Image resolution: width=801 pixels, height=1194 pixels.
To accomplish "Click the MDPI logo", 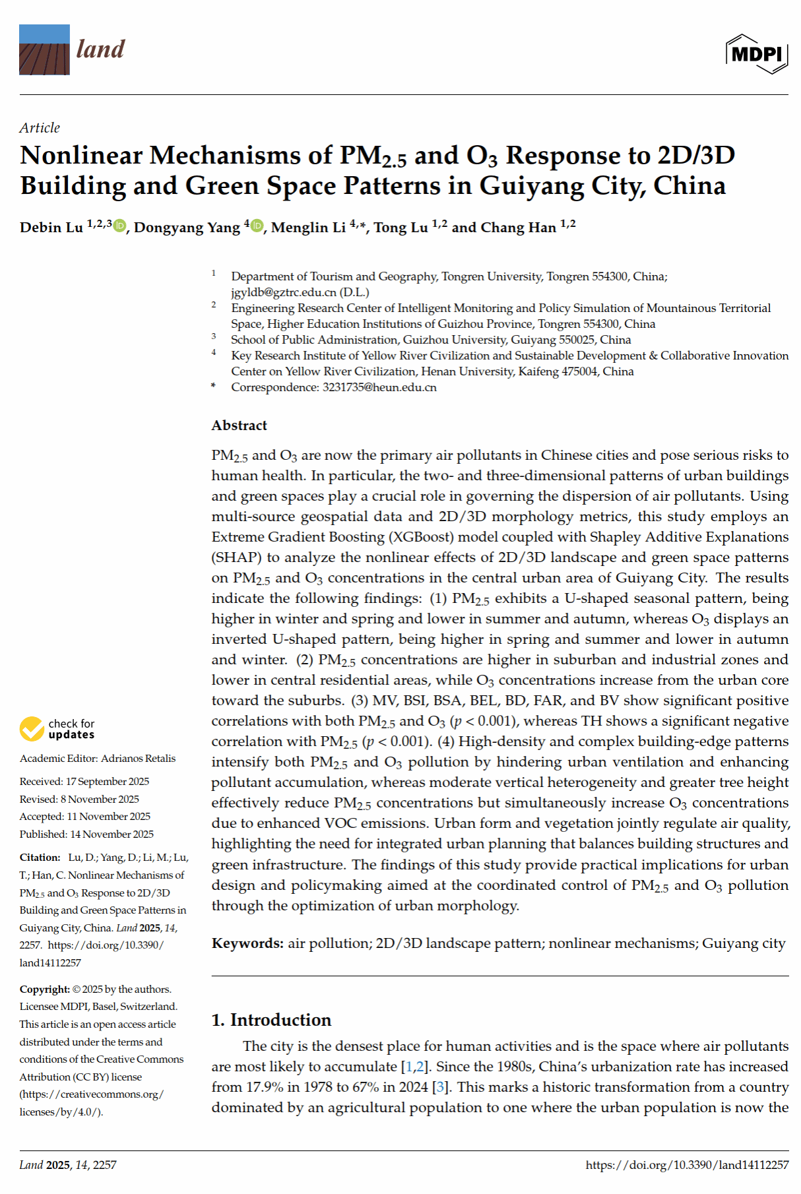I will coord(757,53).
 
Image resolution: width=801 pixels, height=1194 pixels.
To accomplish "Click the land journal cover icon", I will coord(44,49).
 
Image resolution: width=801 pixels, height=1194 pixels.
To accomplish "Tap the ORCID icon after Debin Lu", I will coord(119,226).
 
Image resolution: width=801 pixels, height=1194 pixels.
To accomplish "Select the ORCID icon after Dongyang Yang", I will coord(257,226).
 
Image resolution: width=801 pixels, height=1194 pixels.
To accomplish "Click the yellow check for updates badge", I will coord(32,729).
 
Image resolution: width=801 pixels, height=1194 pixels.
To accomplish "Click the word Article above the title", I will coord(40,128).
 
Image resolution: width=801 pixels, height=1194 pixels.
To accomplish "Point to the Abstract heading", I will coord(239,425).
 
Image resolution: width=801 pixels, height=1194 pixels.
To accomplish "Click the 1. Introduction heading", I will coord(271,1020).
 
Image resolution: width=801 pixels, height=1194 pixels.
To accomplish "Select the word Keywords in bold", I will coord(247,943).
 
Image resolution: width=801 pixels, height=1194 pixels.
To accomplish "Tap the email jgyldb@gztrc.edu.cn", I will coord(284,292).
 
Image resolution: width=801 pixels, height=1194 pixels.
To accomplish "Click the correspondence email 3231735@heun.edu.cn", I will coord(379,387).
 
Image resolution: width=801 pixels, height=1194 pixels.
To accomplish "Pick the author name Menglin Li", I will coord(308,228).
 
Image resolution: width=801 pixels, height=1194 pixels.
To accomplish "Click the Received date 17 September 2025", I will coord(108,782).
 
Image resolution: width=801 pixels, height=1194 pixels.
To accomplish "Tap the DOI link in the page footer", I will coord(687,1165).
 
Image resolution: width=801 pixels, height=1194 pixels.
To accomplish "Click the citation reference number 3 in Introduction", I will coord(440,1087).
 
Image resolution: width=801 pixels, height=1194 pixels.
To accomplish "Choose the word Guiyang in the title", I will coord(531,186).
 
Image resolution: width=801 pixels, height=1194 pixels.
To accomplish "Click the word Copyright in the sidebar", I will coord(44,990).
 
